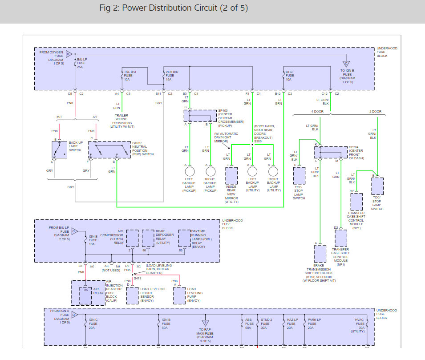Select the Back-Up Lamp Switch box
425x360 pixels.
tap(59, 150)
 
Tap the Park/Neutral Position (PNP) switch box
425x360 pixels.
tap(109, 150)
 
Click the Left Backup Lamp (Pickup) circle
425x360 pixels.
tap(190, 172)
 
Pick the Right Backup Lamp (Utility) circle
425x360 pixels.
tap(273, 172)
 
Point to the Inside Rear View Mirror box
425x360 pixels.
tap(231, 176)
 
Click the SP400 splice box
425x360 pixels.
tap(200, 116)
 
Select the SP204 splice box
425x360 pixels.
tap(331, 152)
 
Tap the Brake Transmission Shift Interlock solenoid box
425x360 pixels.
tap(320, 254)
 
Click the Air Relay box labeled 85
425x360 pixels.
tap(85, 295)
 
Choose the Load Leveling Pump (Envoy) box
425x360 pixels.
tap(179, 295)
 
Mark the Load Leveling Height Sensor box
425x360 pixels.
tap(133, 295)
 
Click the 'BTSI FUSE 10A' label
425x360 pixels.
tap(289, 76)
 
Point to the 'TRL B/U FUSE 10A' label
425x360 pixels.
tap(130, 76)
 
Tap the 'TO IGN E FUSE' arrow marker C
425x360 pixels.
tap(346, 64)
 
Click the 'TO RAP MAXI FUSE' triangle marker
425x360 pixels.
tap(206, 323)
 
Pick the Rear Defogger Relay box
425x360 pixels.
tap(148, 238)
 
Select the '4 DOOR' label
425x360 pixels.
tap(317, 111)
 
